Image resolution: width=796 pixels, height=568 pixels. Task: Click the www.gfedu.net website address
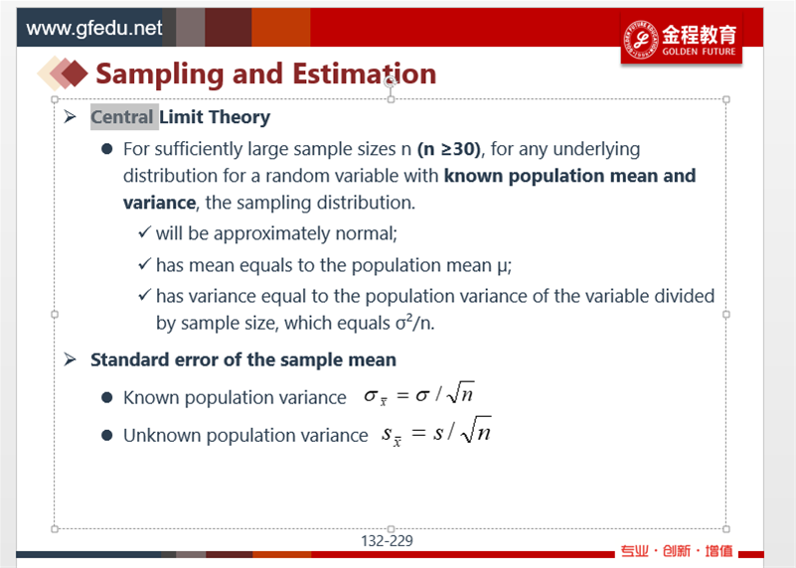point(94,28)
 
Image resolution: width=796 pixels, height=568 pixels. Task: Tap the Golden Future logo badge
point(682,39)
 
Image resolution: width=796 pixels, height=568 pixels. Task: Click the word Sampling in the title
point(160,74)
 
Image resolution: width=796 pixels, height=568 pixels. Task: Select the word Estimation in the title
point(365,74)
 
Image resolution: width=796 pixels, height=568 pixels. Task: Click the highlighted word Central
point(122,117)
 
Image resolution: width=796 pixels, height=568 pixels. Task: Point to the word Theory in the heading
point(239,117)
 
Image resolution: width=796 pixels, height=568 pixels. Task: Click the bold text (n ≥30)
point(449,149)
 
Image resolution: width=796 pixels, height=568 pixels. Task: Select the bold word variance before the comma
point(159,203)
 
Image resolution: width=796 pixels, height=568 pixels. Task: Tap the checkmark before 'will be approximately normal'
point(145,232)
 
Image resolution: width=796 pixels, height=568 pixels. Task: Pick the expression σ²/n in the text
point(414,323)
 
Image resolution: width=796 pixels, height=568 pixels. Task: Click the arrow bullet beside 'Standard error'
point(70,359)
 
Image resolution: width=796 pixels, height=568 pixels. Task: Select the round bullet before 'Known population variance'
point(106,397)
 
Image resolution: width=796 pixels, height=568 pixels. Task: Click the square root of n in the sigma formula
point(460,392)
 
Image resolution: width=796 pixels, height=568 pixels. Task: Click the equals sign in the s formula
point(418,433)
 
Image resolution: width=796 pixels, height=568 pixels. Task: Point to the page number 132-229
point(387,541)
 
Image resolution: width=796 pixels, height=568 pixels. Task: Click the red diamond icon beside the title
point(76,73)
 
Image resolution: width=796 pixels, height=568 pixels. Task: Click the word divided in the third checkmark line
point(684,296)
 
